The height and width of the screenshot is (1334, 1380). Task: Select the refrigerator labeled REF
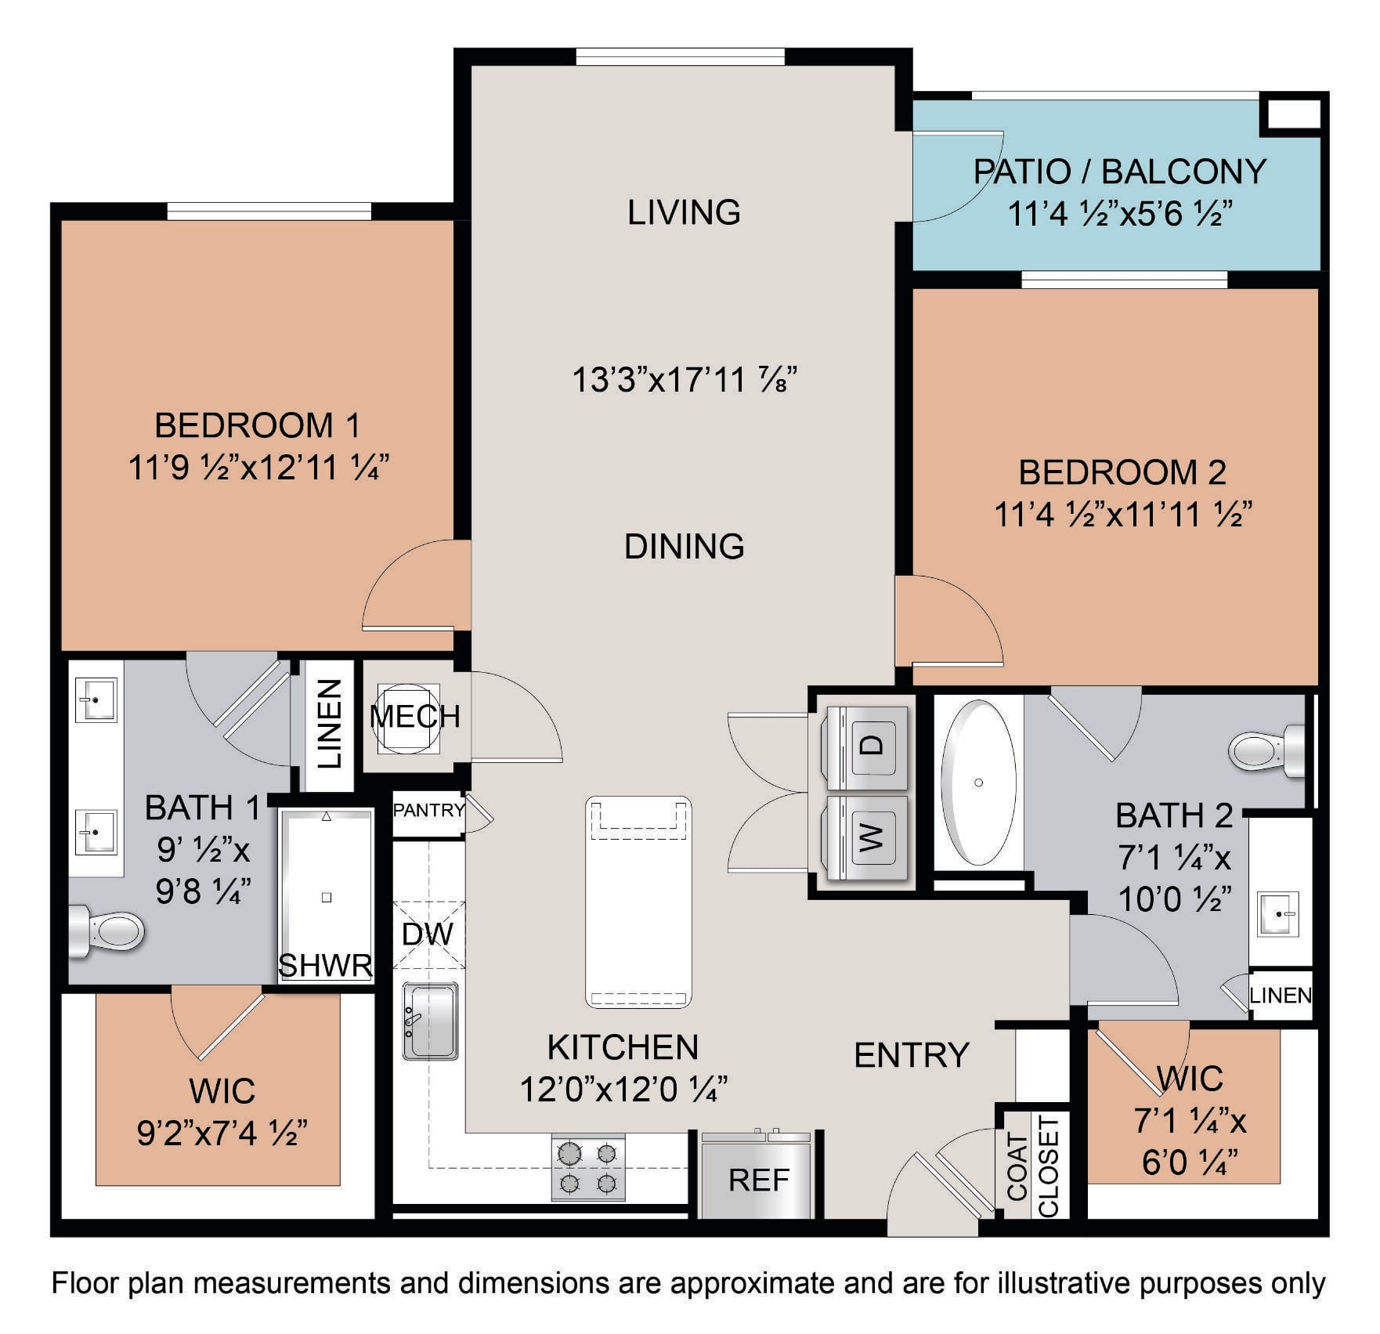[758, 1175]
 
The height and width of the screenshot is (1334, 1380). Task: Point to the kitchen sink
[430, 1021]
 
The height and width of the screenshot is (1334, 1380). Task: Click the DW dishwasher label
[428, 934]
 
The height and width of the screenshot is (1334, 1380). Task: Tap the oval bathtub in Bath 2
[978, 783]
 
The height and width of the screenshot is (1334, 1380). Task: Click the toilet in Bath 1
[106, 931]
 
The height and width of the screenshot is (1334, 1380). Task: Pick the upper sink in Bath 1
[96, 700]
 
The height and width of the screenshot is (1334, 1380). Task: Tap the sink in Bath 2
[1278, 913]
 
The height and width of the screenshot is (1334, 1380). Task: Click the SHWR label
[325, 966]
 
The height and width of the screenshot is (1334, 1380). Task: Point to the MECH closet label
[415, 716]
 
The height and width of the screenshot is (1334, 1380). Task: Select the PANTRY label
[428, 810]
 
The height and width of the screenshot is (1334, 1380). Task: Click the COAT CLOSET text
[1033, 1166]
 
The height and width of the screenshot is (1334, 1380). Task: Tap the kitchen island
[638, 902]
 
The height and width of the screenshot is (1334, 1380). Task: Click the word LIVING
[684, 212]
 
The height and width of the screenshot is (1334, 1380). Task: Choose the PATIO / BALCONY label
[1119, 172]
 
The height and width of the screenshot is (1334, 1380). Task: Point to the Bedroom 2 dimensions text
[1122, 515]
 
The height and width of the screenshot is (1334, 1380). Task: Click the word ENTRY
[912, 1055]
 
